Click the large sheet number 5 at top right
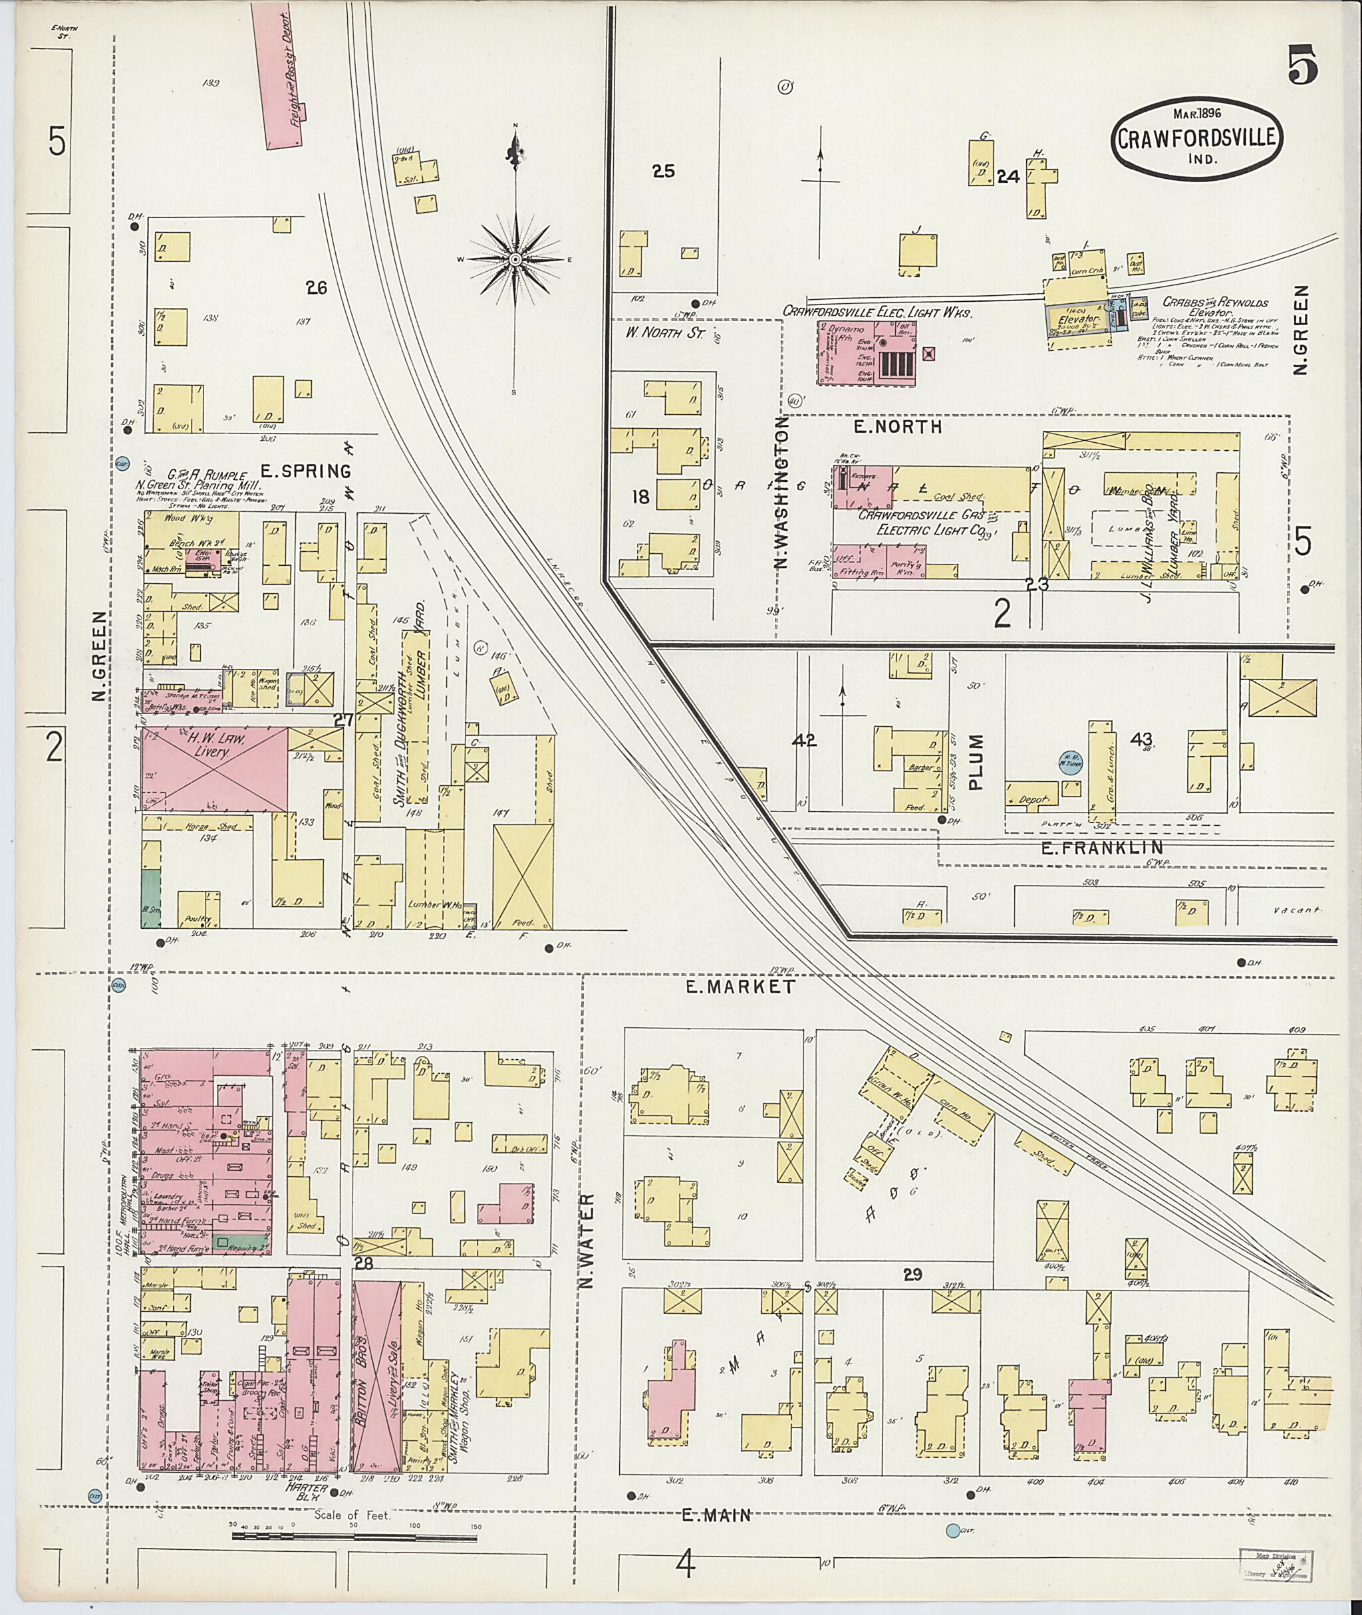1303,66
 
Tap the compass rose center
515,259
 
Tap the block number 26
317,289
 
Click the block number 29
912,1275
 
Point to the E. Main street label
716,1516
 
